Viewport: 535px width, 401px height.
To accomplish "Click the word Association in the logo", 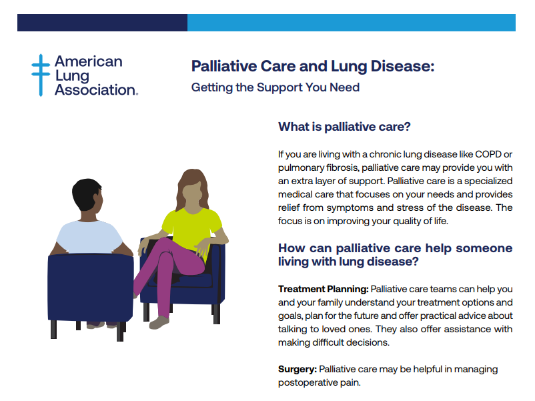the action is [96, 90].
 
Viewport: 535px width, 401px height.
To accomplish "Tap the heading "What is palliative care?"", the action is [344, 127].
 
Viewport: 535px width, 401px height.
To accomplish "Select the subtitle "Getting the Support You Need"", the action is [276, 87].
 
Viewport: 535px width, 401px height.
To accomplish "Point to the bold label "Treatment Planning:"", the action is [323, 289].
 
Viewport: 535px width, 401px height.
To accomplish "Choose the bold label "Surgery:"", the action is [298, 370].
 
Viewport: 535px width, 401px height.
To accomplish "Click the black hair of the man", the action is [85, 193].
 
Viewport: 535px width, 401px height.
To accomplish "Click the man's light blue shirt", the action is [89, 237].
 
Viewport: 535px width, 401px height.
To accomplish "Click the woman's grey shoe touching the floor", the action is [159, 322].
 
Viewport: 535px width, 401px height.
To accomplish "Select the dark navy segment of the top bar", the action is [102, 23].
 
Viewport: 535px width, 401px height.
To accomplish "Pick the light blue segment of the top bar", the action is [352, 23].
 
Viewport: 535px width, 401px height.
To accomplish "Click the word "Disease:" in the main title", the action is [403, 66].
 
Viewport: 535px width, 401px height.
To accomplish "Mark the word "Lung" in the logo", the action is [72, 76].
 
